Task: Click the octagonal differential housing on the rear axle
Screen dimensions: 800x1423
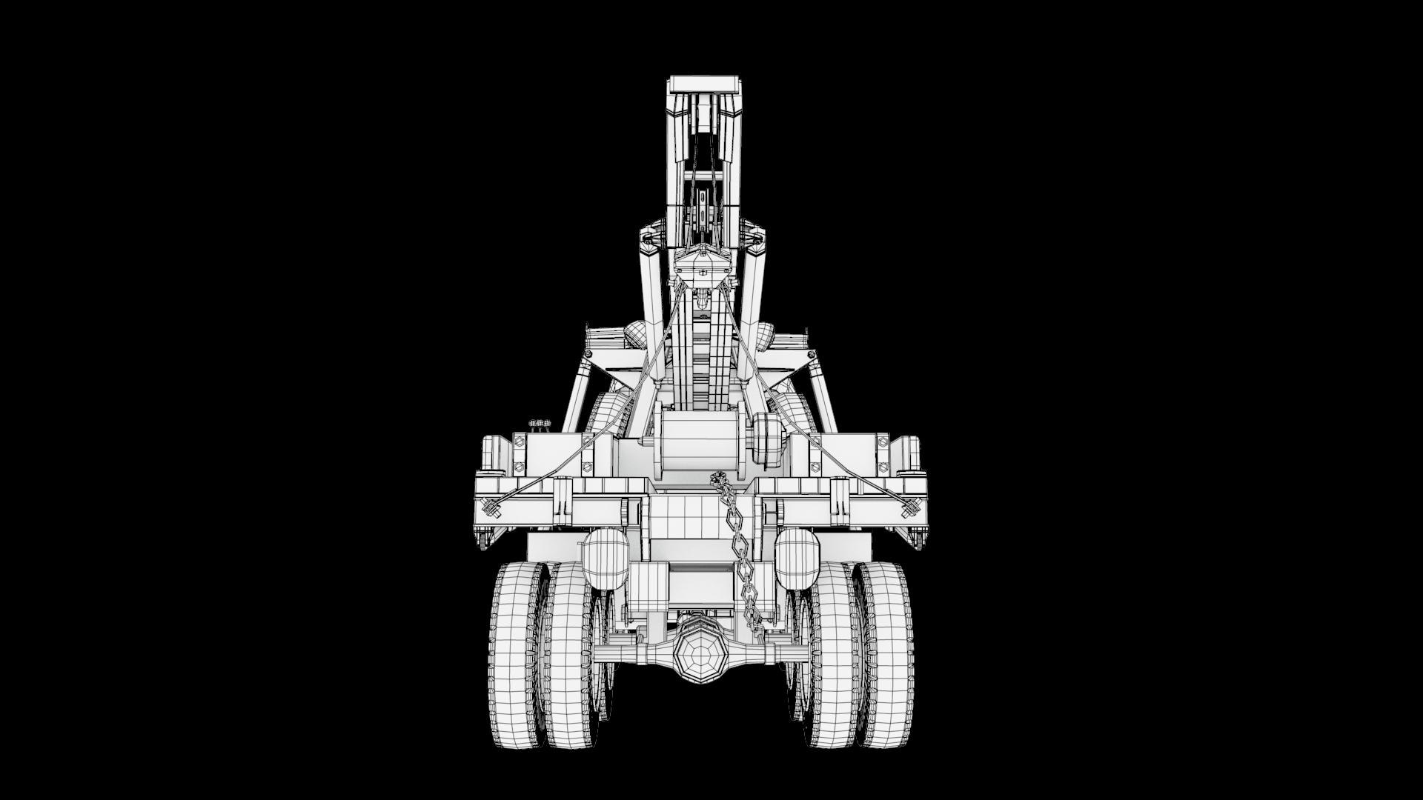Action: (x=697, y=653)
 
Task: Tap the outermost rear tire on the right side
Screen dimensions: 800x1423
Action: (x=886, y=656)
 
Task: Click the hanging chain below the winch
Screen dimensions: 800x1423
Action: (x=737, y=548)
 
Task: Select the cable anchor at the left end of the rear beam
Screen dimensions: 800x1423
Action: (x=490, y=507)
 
